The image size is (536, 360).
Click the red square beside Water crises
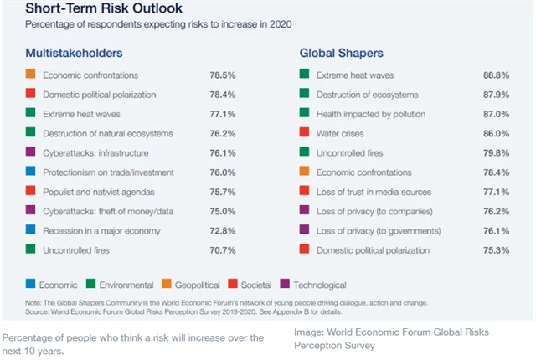pyautogui.click(x=305, y=133)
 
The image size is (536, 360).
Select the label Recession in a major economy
pyautogui.click(x=101, y=230)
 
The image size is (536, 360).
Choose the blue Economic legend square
pyautogui.click(x=31, y=284)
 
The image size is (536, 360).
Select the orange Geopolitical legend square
pyautogui.click(x=158, y=284)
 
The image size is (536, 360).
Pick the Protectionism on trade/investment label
pyautogui.click(x=108, y=172)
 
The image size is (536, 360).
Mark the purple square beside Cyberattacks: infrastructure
pyautogui.click(x=31, y=152)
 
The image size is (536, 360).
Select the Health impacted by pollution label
pyautogui.click(x=371, y=114)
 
